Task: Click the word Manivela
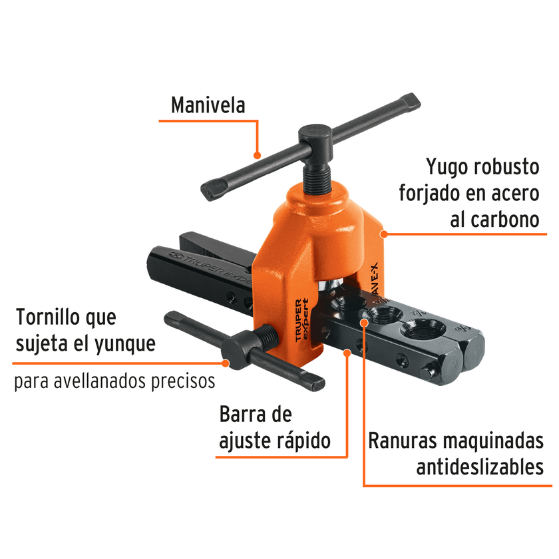click(x=208, y=105)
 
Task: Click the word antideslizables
click(x=480, y=467)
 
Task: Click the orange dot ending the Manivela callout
click(x=257, y=156)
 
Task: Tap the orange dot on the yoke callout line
click(x=383, y=234)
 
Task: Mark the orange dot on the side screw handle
click(x=226, y=363)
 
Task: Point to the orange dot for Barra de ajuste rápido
click(x=347, y=353)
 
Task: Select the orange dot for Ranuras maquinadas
click(x=363, y=323)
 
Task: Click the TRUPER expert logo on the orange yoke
click(x=301, y=320)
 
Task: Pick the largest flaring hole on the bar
click(x=423, y=329)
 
